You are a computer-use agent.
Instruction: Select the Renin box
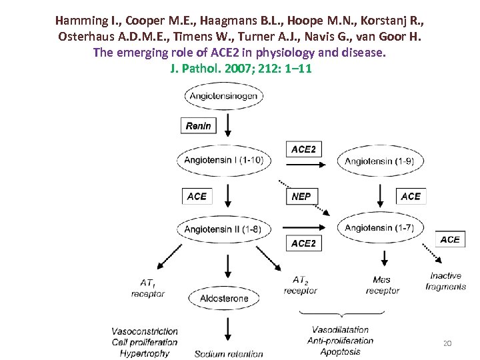(x=199, y=125)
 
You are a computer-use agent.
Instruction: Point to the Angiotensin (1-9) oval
(x=379, y=161)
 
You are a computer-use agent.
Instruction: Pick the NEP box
(x=301, y=196)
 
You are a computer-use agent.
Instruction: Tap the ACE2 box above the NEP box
(x=303, y=149)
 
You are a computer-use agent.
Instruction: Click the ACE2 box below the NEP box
(x=303, y=243)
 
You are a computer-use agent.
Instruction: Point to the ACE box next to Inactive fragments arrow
(x=450, y=239)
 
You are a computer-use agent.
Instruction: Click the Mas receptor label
(x=383, y=285)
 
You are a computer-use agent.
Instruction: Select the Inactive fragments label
(x=446, y=281)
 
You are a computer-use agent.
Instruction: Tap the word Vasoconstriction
(x=145, y=331)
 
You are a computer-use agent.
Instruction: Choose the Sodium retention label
(x=229, y=354)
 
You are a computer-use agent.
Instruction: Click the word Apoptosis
(x=340, y=351)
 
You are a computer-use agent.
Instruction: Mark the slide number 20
(x=447, y=343)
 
